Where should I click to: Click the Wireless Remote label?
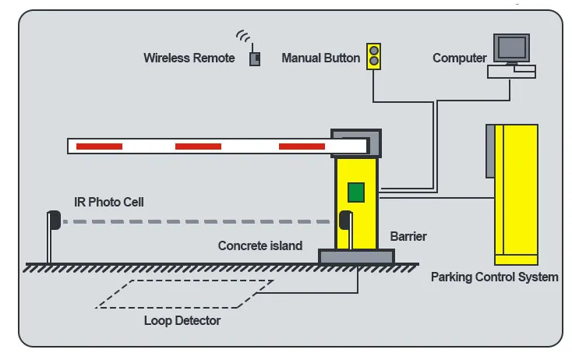[189, 58]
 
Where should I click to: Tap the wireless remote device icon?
[255, 58]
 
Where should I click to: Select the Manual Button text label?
[320, 58]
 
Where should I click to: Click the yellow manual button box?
[373, 57]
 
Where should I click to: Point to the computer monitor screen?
[511, 48]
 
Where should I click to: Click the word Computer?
[459, 58]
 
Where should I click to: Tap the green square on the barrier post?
[356, 192]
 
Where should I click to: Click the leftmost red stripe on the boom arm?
[99, 146]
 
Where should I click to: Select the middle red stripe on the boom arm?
[198, 146]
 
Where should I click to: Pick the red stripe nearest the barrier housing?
[302, 146]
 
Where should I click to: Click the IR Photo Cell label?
[108, 202]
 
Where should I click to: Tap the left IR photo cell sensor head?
[55, 221]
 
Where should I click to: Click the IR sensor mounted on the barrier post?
[345, 221]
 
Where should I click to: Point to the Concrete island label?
[260, 245]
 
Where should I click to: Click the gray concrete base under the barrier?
[356, 256]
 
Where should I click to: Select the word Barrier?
[408, 236]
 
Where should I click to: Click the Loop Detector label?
[182, 320]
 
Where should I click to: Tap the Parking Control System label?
[494, 277]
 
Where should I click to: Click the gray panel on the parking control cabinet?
[490, 151]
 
